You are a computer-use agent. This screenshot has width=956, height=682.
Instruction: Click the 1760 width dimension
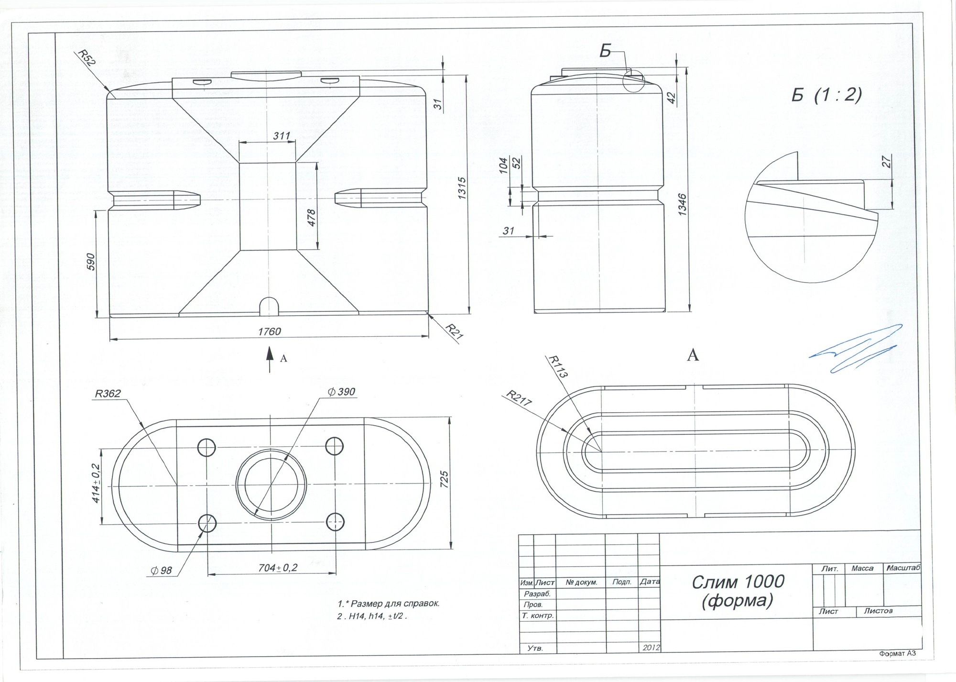click(270, 331)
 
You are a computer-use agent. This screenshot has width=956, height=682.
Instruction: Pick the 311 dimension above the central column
click(282, 136)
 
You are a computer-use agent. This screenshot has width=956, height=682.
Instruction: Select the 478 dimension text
click(311, 218)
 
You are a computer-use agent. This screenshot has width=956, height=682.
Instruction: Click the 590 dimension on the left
click(91, 262)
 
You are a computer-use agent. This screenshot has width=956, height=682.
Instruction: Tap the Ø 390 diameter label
click(341, 392)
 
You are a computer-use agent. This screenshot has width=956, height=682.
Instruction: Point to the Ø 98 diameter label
click(161, 570)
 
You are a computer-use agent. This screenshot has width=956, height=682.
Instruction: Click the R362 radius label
click(108, 394)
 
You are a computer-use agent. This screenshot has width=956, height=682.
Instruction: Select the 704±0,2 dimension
click(278, 568)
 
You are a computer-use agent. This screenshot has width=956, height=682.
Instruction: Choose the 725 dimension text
click(444, 480)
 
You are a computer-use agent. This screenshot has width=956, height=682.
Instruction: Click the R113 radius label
click(558, 366)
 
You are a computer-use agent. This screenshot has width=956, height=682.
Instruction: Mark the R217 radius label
click(520, 398)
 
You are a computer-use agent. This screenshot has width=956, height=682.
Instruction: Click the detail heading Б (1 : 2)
click(826, 95)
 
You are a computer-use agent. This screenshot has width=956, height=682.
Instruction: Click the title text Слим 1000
click(739, 581)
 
